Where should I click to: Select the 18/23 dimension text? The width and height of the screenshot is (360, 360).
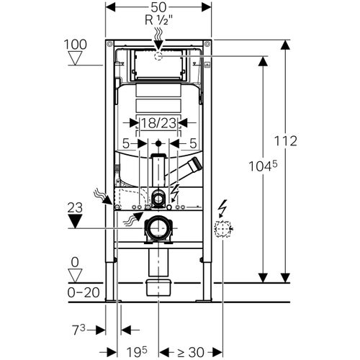[158, 124]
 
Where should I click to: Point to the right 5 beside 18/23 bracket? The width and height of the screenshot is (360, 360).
[192, 143]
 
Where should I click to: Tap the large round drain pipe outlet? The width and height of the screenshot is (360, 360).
[158, 229]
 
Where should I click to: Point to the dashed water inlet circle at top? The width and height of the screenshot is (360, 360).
[159, 55]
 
